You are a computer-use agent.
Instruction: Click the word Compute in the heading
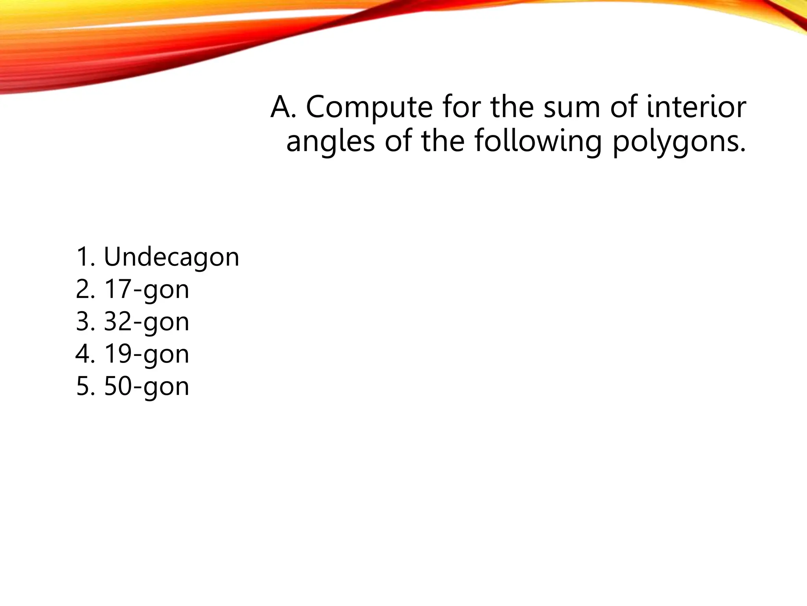(x=369, y=107)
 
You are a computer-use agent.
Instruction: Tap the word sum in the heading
(x=572, y=107)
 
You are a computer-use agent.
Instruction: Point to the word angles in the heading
(x=330, y=142)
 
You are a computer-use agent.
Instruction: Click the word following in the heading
(x=538, y=142)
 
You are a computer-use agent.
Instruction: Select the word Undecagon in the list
(x=171, y=257)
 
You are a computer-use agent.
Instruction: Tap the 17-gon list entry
(x=147, y=290)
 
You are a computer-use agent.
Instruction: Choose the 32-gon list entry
(x=147, y=322)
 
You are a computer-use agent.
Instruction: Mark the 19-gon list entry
(x=147, y=354)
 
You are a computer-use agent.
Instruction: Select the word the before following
(x=443, y=142)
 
